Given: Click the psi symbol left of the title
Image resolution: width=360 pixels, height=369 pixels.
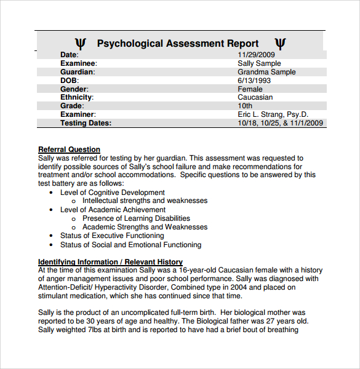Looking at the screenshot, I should [x=81, y=44].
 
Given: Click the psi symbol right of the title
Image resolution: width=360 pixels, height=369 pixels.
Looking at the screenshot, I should [x=280, y=44].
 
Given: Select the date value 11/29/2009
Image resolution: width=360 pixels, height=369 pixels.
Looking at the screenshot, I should [x=257, y=55].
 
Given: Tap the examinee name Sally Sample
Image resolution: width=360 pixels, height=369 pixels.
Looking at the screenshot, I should [x=259, y=63].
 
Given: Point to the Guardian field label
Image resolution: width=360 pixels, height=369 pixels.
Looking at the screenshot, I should [x=78, y=72].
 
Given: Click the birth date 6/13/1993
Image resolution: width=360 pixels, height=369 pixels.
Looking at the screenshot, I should [x=254, y=81].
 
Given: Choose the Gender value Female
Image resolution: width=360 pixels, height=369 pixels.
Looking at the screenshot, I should [x=250, y=89].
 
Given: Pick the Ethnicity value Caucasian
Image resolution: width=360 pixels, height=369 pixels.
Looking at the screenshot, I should [x=255, y=97].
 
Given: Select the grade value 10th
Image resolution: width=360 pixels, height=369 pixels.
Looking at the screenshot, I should [x=245, y=106].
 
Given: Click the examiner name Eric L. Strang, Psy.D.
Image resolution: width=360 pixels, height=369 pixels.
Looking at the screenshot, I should [x=273, y=114].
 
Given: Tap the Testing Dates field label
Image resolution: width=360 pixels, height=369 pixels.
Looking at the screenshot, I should [x=86, y=123].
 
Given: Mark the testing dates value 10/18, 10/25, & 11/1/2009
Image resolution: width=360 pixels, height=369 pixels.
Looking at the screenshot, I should [x=280, y=123].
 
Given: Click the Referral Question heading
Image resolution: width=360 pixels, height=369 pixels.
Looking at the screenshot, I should [x=69, y=149].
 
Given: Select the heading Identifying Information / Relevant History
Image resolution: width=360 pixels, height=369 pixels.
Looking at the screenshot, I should [x=110, y=261].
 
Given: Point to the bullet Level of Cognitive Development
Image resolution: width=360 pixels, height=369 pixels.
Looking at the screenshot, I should [x=113, y=192].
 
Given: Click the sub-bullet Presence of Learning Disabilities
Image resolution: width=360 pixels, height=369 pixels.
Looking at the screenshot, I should [x=136, y=218].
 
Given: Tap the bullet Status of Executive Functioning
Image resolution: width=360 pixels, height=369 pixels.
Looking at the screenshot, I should [x=112, y=236].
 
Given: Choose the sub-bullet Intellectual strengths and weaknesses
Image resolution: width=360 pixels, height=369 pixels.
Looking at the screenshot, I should [x=145, y=200].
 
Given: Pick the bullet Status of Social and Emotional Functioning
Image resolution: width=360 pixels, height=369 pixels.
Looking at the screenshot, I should [x=130, y=245].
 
